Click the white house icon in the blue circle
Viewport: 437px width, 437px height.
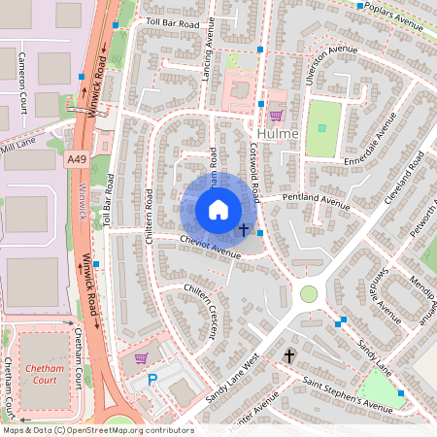click(x=218, y=210)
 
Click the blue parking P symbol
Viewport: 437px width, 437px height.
click(x=152, y=382)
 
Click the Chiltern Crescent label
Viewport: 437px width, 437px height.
click(x=199, y=311)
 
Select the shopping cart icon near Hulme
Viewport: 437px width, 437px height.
click(x=275, y=113)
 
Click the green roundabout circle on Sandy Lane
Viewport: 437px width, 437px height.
click(x=309, y=293)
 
